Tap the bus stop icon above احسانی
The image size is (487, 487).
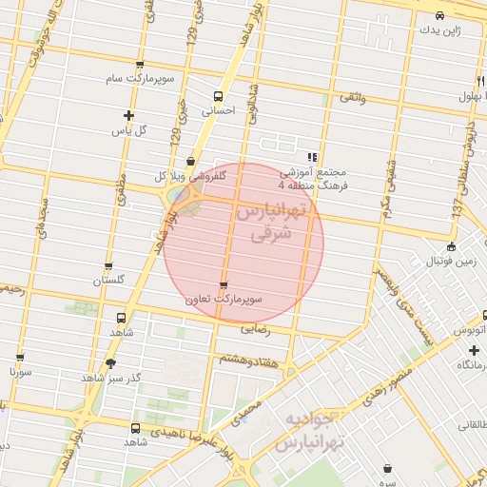(x=219, y=96)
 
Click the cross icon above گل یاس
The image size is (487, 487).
(x=128, y=115)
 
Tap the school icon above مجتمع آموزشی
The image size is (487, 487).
(x=311, y=158)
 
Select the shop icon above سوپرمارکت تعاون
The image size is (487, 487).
(x=224, y=284)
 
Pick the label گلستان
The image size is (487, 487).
(x=108, y=281)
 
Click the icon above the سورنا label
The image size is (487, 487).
(x=20, y=358)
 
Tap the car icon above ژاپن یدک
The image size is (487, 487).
(x=438, y=16)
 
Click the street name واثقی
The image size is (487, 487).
(x=351, y=97)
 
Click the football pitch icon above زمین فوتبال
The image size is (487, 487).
(x=450, y=246)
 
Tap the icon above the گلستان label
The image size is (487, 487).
(x=107, y=266)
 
